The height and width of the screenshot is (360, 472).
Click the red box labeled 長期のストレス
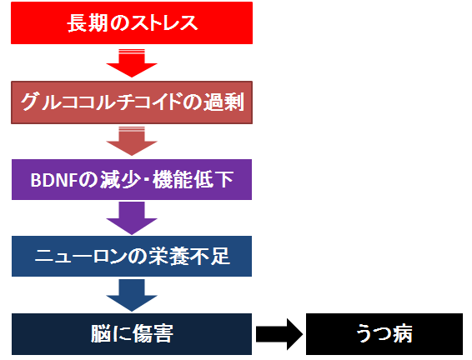tap(132, 23)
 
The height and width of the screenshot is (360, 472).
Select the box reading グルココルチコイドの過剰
tap(132, 102)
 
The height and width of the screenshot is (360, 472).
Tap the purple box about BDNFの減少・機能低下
tap(132, 179)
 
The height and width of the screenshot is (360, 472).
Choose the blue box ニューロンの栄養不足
tap(132, 256)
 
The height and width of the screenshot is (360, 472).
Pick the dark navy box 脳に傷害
tap(132, 334)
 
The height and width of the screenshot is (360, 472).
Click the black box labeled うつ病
tap(384, 334)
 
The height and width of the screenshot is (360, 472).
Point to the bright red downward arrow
tap(132, 63)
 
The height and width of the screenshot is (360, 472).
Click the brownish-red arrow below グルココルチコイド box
tap(132, 141)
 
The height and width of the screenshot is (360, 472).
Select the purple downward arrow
tap(132, 218)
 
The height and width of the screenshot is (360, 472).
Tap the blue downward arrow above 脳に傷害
tap(132, 295)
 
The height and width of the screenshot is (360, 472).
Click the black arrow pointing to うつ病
tap(279, 334)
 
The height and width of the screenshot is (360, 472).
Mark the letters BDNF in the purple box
tap(54, 180)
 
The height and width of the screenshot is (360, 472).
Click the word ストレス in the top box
tap(164, 23)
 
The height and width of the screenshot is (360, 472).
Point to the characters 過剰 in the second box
tap(223, 102)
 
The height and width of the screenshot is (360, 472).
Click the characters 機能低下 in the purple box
tap(193, 180)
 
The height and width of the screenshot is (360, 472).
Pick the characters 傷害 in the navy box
tap(153, 334)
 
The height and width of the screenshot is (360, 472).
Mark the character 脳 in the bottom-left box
tap(101, 334)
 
